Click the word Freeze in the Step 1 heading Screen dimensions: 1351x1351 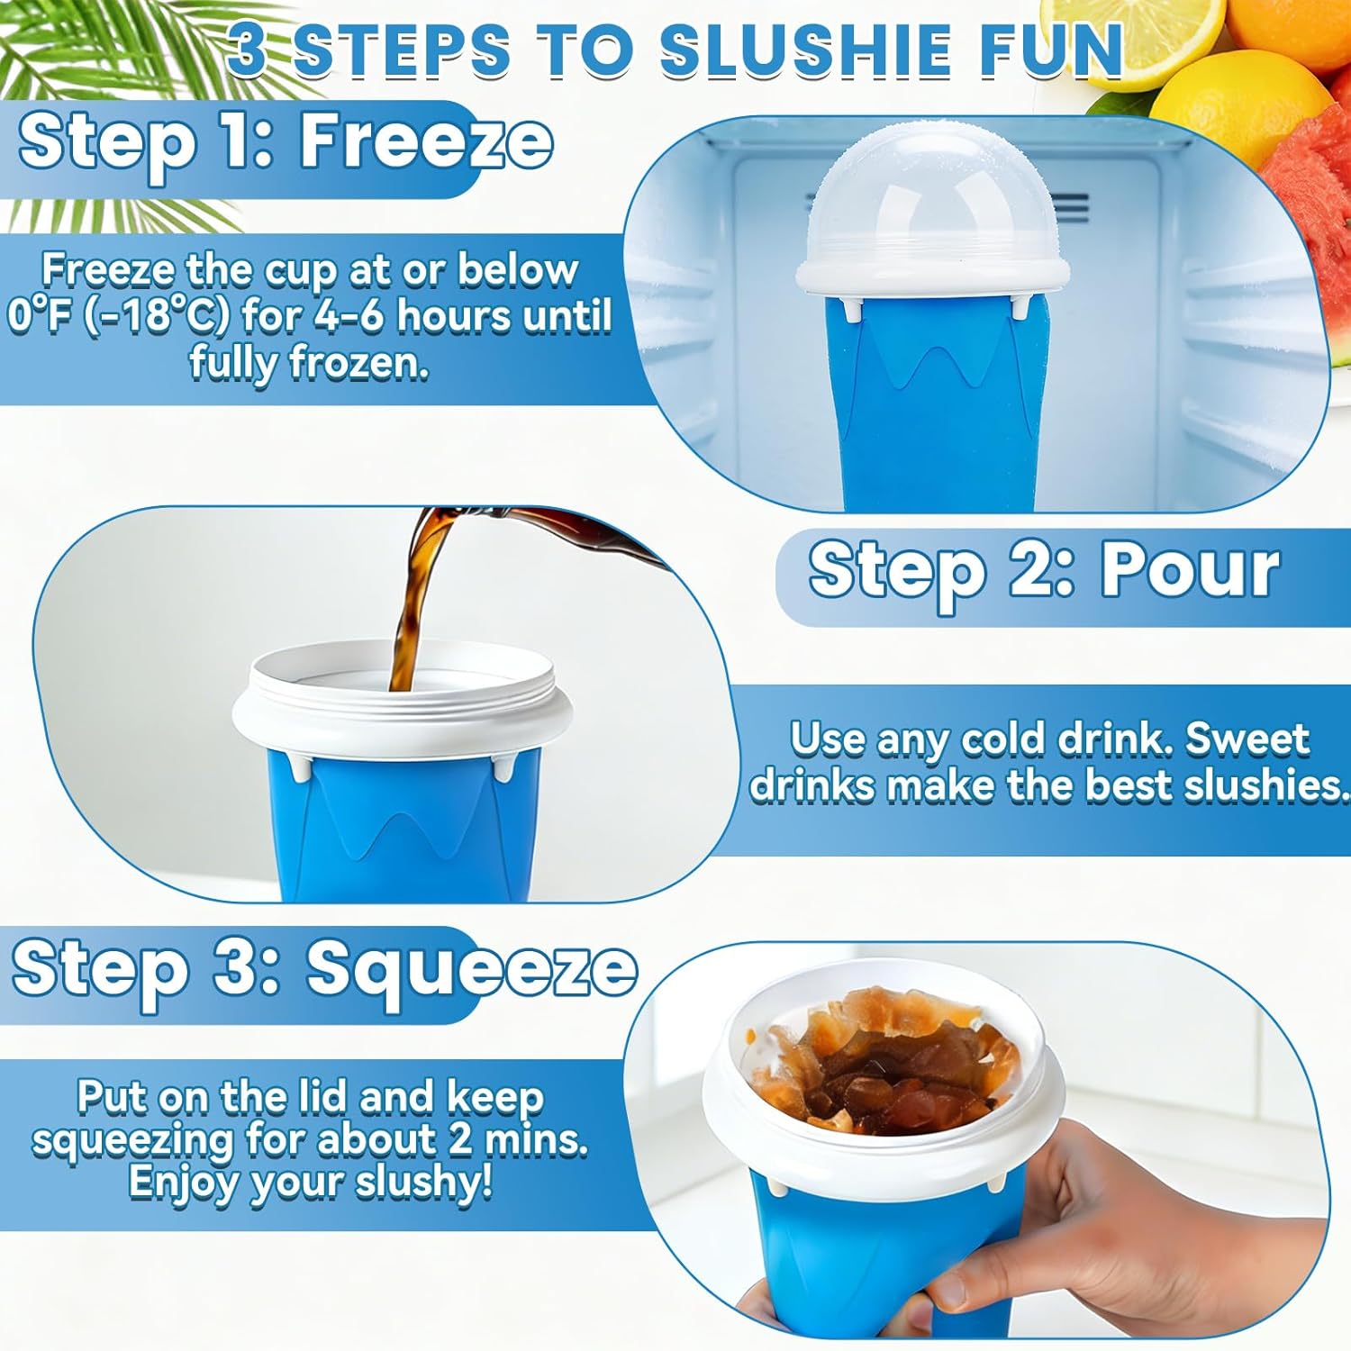[x=426, y=141]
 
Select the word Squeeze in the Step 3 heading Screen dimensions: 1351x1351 [x=472, y=969]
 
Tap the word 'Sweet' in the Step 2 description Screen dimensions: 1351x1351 [x=1247, y=739]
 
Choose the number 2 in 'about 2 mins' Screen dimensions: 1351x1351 [x=460, y=1139]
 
